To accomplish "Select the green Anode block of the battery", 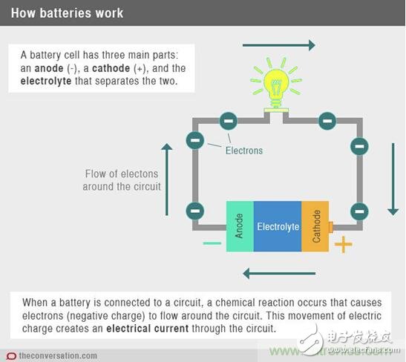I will (239, 226).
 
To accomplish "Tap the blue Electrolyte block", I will (277, 226).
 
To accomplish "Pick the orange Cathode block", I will (315, 226).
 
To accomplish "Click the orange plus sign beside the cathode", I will (343, 245).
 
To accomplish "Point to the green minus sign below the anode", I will (212, 243).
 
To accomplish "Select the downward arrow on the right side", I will (393, 179).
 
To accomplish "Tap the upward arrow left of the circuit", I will (167, 178).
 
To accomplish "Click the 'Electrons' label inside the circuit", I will (244, 151).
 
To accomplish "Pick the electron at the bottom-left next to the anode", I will (195, 211).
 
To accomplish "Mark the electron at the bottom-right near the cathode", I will (359, 211).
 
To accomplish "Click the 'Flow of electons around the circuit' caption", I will (122, 180).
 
